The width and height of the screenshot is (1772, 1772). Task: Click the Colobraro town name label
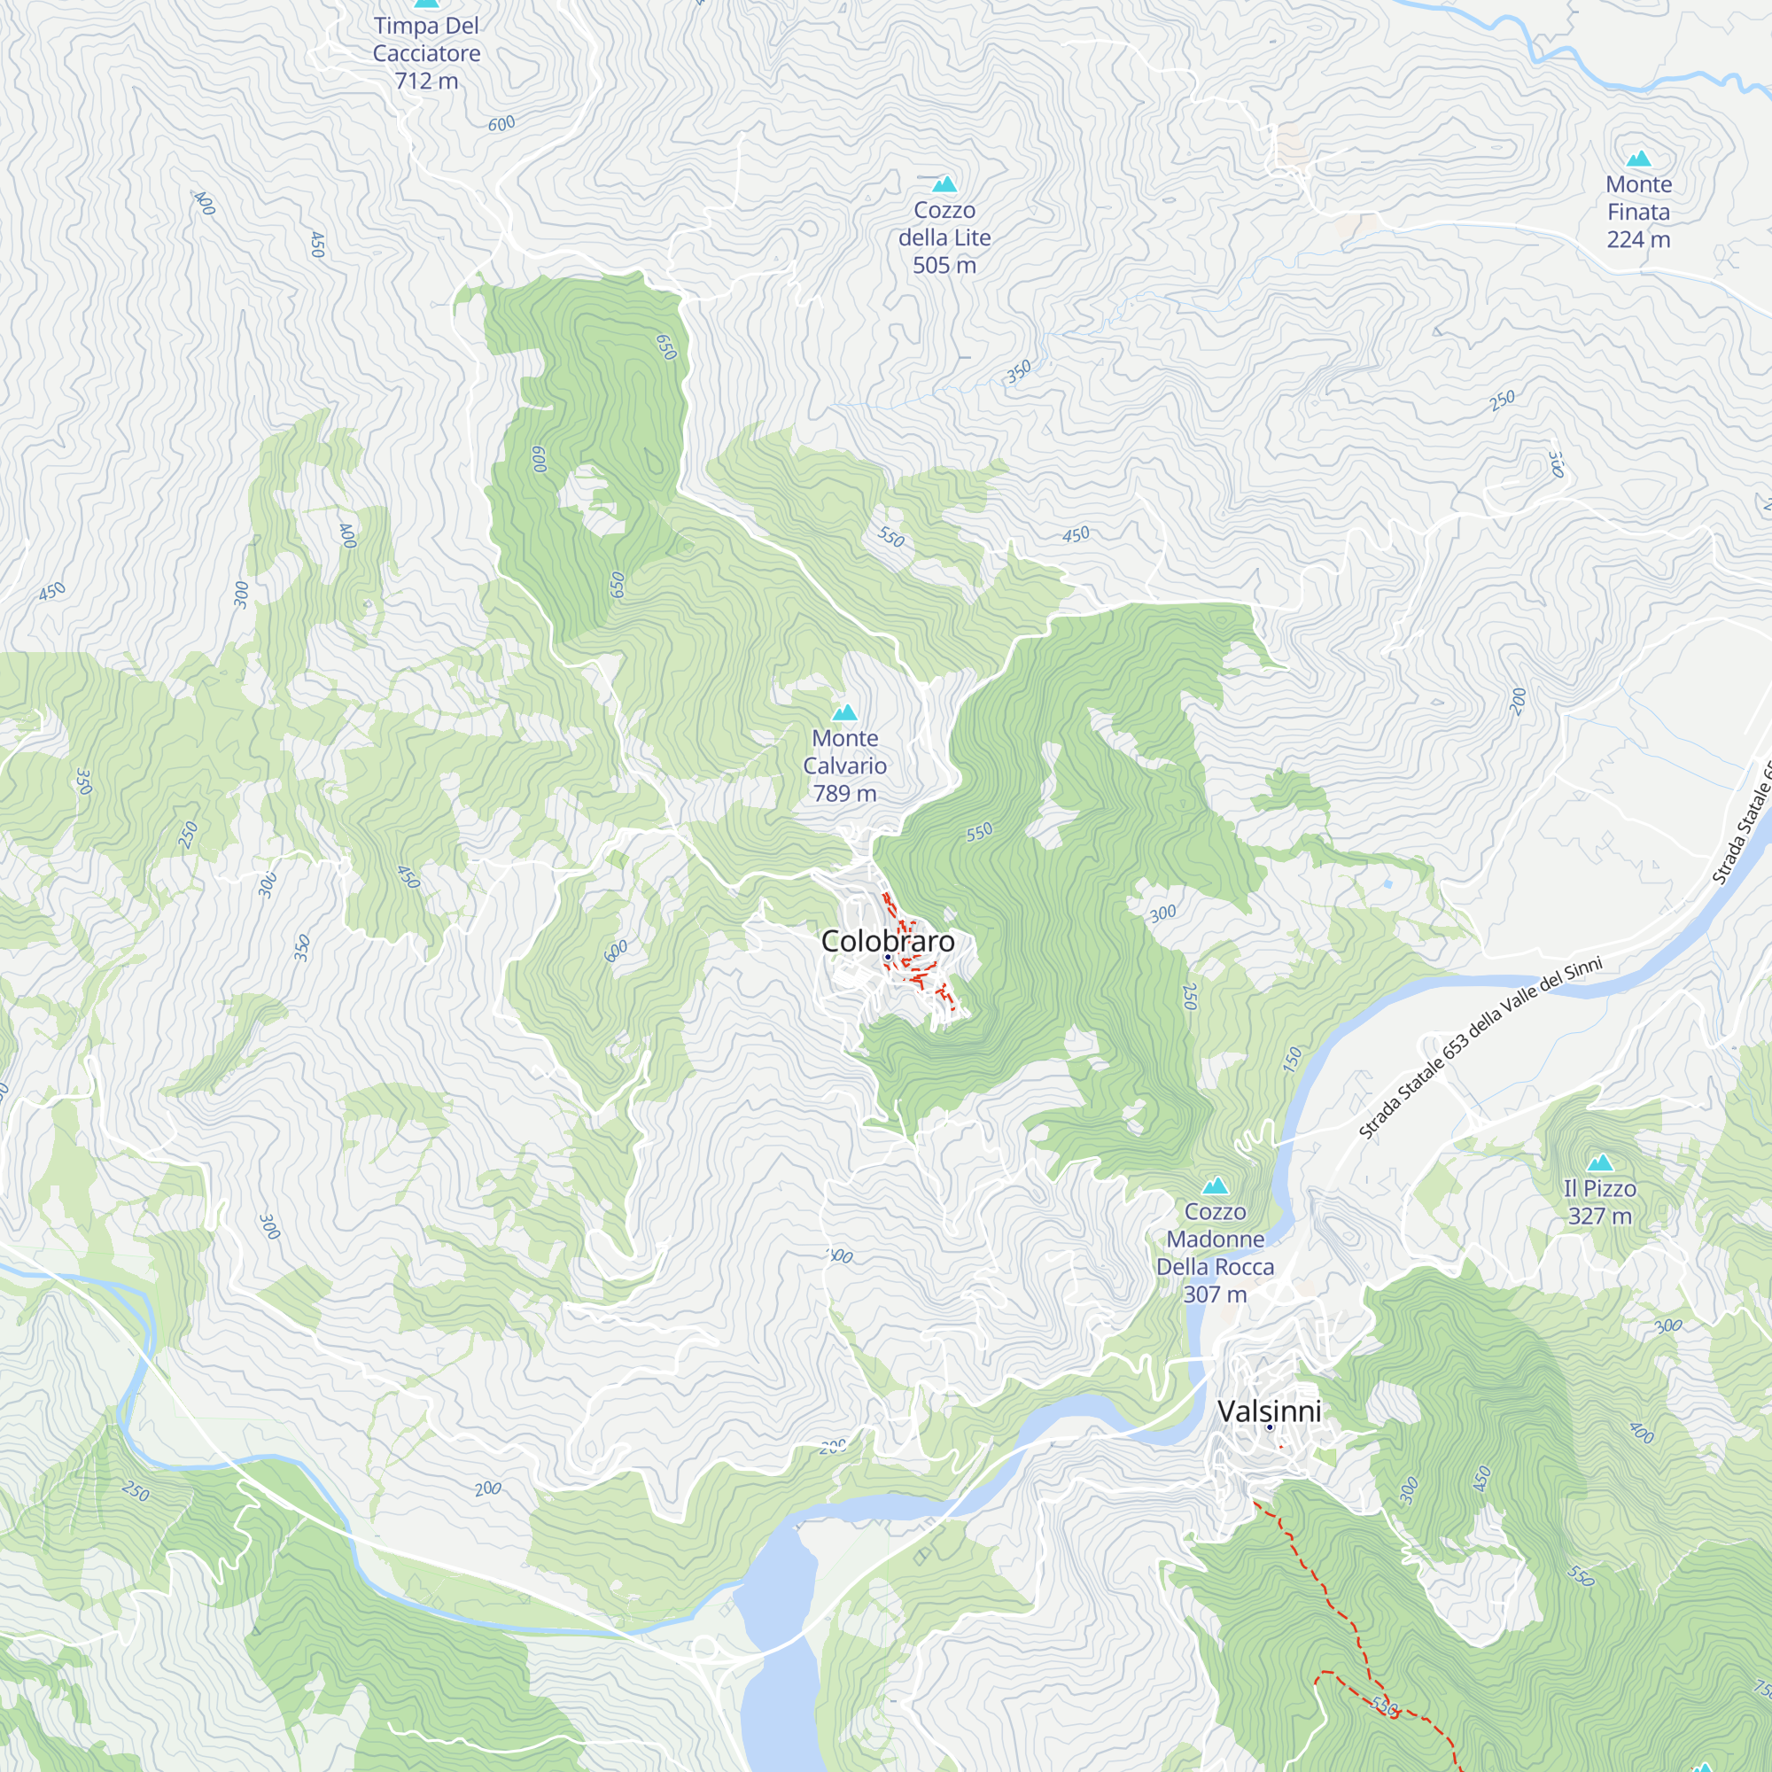point(887,941)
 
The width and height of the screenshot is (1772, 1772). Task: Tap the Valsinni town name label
point(1269,1411)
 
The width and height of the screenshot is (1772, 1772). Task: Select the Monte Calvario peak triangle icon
point(843,712)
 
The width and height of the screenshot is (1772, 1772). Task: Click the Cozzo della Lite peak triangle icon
point(944,184)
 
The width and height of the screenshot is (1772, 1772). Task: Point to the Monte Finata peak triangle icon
point(1638,159)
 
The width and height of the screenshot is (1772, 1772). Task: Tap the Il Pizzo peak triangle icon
point(1599,1163)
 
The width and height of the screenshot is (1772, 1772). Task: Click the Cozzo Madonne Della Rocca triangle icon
point(1216,1186)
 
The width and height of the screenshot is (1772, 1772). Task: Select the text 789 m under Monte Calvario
point(844,793)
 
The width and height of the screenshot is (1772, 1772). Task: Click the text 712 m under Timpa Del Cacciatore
point(426,81)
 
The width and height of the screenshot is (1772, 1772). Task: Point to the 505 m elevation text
point(944,265)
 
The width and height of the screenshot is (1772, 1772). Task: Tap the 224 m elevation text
point(1638,239)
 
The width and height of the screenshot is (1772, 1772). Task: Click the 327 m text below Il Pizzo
point(1599,1216)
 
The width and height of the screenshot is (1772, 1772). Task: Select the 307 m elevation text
point(1215,1294)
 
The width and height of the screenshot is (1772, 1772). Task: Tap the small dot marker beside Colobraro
point(888,958)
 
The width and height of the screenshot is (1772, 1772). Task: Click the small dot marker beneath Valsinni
point(1270,1427)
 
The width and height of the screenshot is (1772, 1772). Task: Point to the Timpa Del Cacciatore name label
point(426,40)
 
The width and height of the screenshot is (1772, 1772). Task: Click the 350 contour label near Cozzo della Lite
point(1018,371)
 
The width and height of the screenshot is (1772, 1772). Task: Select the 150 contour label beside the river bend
point(1293,1060)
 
